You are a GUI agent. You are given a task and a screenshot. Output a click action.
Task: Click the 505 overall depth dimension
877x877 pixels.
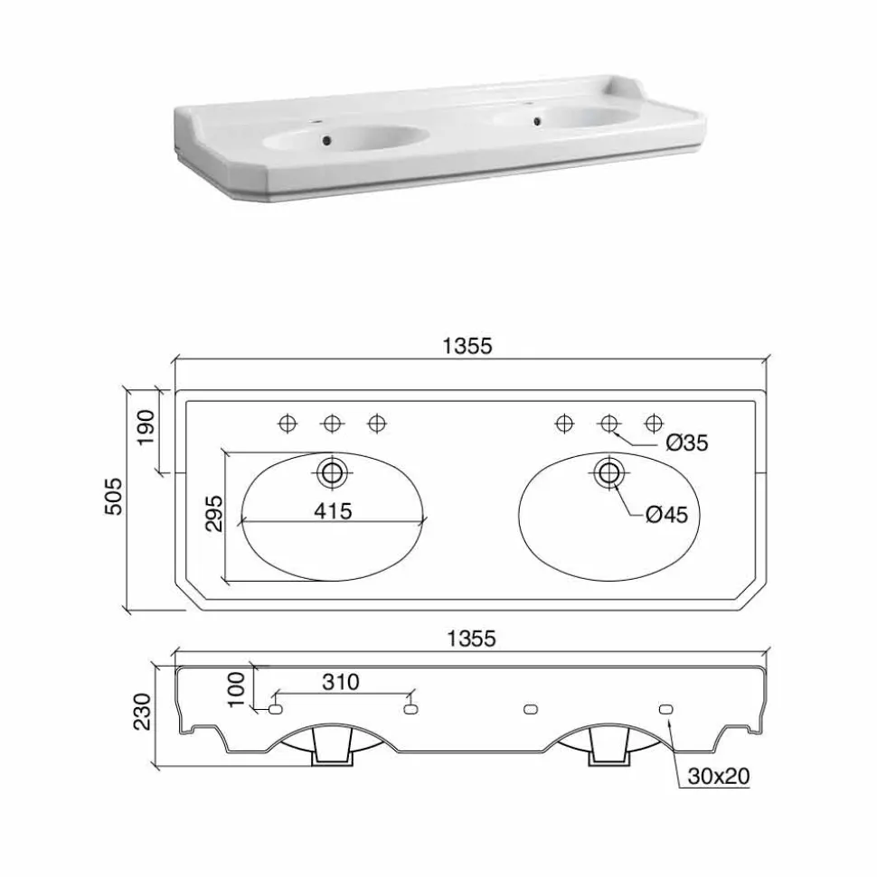[x=113, y=496]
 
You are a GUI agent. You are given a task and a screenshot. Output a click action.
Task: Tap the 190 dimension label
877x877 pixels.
[x=146, y=427]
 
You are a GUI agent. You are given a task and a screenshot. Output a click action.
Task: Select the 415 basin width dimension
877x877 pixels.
[x=334, y=510]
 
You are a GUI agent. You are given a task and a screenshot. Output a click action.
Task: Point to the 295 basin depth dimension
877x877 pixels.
[x=213, y=513]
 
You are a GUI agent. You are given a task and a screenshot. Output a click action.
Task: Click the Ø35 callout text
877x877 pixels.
[x=687, y=443]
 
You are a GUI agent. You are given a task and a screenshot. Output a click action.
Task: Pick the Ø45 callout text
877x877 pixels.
[x=666, y=514]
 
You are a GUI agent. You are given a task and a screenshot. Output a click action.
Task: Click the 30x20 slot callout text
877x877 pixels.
[x=719, y=776]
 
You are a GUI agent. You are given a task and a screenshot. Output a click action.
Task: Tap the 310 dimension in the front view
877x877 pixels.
[x=341, y=682]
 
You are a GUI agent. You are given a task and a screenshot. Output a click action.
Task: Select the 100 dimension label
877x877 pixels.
[x=236, y=690]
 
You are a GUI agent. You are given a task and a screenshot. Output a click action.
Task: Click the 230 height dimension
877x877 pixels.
[x=142, y=712]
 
